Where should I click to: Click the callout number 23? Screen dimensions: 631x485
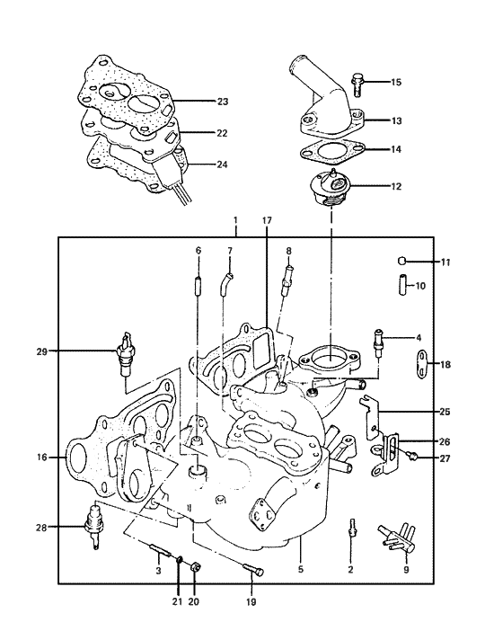coord(223,102)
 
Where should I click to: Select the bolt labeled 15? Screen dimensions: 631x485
coord(357,84)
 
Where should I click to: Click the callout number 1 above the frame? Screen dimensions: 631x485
coord(234,220)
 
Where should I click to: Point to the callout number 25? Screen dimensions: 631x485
coord(446,411)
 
